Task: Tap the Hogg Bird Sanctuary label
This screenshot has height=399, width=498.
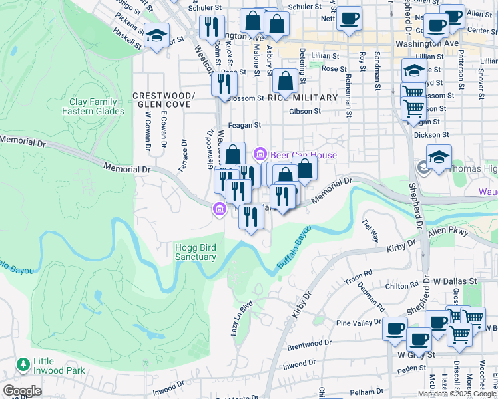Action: coord(195,252)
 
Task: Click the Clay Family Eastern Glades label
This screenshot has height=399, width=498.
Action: coord(93,106)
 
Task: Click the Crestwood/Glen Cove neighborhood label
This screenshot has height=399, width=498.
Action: coord(163,100)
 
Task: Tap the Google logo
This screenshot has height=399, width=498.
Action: coord(22,391)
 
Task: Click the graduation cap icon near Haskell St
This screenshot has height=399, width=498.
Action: coord(157,35)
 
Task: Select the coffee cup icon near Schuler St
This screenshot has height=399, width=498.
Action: coord(348,19)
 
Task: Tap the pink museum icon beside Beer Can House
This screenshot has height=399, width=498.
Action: coord(260,154)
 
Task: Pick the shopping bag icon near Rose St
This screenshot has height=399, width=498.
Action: coord(285,82)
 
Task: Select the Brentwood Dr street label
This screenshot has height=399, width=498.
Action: coord(308,345)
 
